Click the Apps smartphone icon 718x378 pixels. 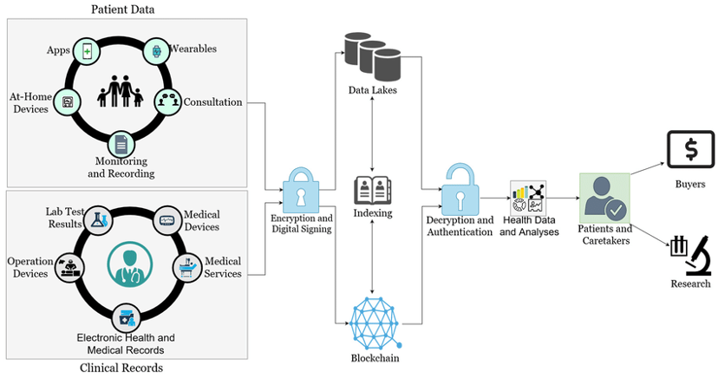pos(87,52)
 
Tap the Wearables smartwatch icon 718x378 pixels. pos(157,51)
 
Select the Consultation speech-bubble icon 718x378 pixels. pos(168,101)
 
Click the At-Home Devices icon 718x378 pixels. pos(68,101)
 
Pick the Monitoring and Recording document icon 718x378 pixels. pos(121,145)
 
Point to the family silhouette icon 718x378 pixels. pos(120,92)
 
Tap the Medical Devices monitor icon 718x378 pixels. pos(166,220)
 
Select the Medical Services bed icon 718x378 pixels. pos(188,268)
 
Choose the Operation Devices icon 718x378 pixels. pos(69,267)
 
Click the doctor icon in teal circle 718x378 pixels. pos(129,265)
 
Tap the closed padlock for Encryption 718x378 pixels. pos(301,191)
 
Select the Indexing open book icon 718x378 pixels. pos(373,191)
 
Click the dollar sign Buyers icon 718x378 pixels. pos(691,150)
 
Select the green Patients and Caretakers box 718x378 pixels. pos(605,199)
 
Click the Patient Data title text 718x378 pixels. pos(123,10)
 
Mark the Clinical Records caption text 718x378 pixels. pos(121,368)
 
